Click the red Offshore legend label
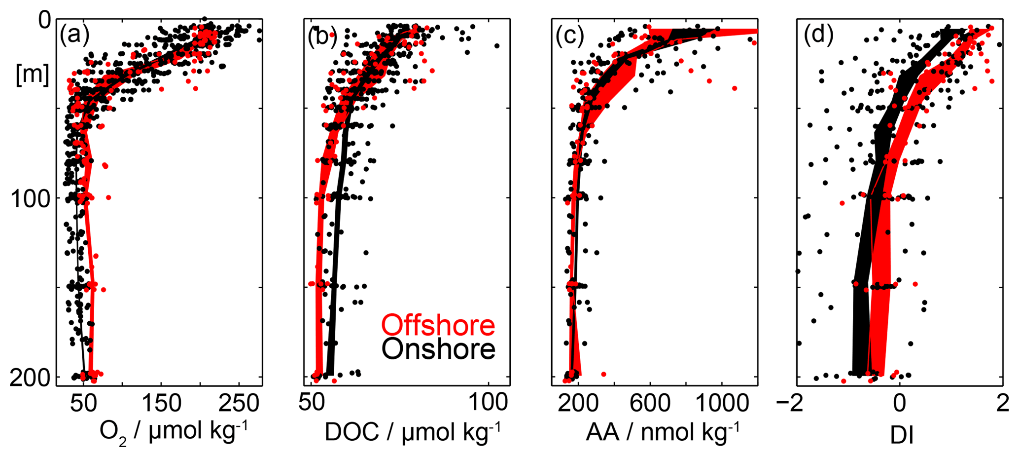[438, 325]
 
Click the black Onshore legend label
[438, 349]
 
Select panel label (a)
[74, 36]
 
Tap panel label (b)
[322, 36]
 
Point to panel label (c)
[569, 36]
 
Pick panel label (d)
[818, 36]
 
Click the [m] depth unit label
[33, 76]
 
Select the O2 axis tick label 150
[162, 404]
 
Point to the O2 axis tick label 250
[240, 404]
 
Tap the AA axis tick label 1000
[722, 404]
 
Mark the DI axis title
[902, 435]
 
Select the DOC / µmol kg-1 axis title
[413, 432]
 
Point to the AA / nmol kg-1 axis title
[663, 432]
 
